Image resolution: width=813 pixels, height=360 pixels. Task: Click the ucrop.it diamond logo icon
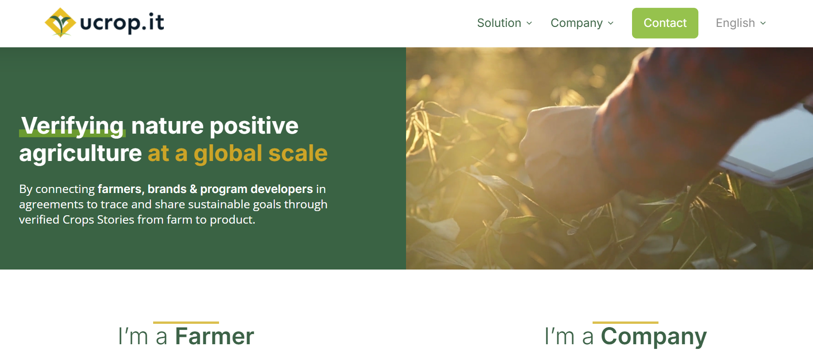click(x=60, y=22)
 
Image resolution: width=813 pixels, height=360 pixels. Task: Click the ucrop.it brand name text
click(x=122, y=22)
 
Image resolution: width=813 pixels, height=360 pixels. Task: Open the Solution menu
click(x=499, y=23)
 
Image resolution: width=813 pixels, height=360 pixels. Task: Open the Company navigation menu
click(x=576, y=23)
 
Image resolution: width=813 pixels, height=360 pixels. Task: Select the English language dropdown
click(x=736, y=23)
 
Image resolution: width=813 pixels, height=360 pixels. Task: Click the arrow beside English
click(x=763, y=23)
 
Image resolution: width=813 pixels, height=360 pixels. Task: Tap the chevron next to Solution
click(x=529, y=23)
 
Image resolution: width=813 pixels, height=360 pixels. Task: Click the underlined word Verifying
click(x=73, y=126)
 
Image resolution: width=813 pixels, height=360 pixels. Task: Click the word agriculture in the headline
click(x=80, y=153)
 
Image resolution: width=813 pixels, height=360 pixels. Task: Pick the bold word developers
click(x=282, y=189)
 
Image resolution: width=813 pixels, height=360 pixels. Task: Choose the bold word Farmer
click(x=214, y=336)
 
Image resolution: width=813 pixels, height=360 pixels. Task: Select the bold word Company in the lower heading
click(x=653, y=336)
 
